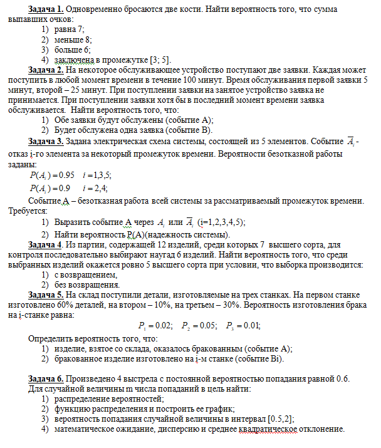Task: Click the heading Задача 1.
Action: pos(46,11)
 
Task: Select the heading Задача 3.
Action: pos(46,142)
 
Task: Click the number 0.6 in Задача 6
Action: pos(347,380)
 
